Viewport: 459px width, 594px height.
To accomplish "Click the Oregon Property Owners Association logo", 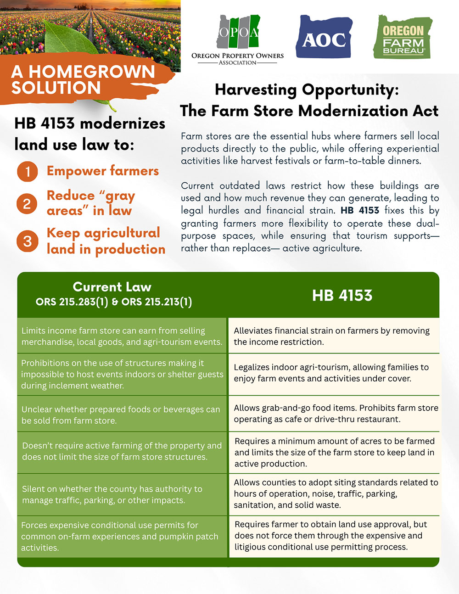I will click(x=237, y=39).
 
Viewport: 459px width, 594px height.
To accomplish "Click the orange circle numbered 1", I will click(x=28, y=172).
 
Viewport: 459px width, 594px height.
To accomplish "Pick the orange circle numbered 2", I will click(x=28, y=203).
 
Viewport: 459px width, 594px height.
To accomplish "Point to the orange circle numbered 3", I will click(x=28, y=241).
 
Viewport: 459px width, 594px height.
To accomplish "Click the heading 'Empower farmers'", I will click(x=103, y=171).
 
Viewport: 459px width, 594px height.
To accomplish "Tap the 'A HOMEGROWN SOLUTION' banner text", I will click(x=83, y=79).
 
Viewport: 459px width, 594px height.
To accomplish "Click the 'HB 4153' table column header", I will click(x=342, y=295).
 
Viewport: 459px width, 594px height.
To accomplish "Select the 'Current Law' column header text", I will click(x=112, y=287).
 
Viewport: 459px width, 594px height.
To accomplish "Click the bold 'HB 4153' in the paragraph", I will click(x=360, y=211).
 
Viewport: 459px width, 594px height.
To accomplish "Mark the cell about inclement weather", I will click(x=122, y=374).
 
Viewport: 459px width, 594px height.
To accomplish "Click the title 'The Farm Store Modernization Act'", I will click(x=309, y=111).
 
